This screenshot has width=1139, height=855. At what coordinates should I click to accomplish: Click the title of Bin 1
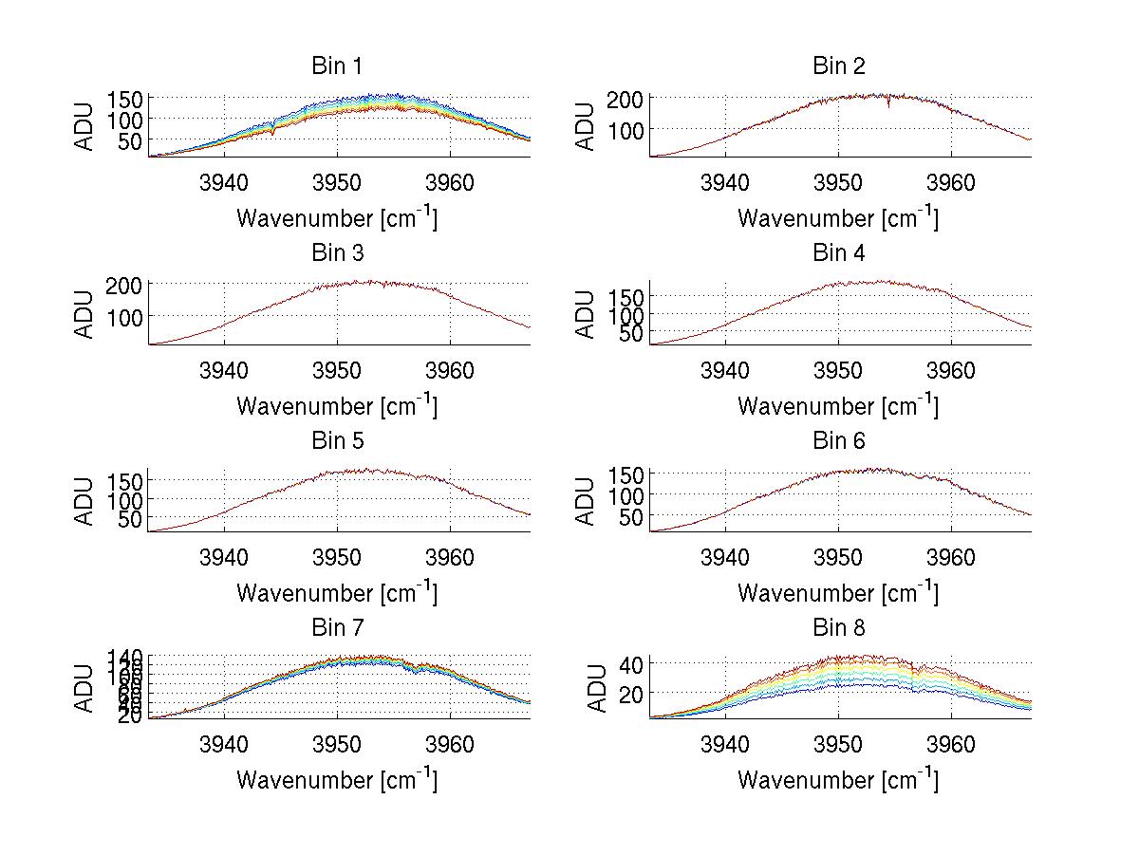pos(337,66)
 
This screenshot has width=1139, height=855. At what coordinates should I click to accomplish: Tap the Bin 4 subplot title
pos(839,253)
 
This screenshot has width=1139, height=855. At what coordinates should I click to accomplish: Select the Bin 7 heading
pos(337,628)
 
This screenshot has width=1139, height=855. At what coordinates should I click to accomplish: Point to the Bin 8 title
pos(839,628)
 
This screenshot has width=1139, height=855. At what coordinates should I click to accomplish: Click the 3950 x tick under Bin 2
pos(838,182)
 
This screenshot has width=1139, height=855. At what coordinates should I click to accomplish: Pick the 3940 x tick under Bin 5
pos(224,557)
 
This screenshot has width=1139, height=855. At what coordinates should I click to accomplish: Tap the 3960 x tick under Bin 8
pos(951,744)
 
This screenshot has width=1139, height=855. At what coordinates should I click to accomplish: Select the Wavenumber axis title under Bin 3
pos(337,406)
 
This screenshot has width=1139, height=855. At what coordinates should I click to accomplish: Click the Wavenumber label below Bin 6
pos(838,593)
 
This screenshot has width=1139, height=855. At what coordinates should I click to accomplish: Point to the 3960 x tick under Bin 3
pos(450,370)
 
